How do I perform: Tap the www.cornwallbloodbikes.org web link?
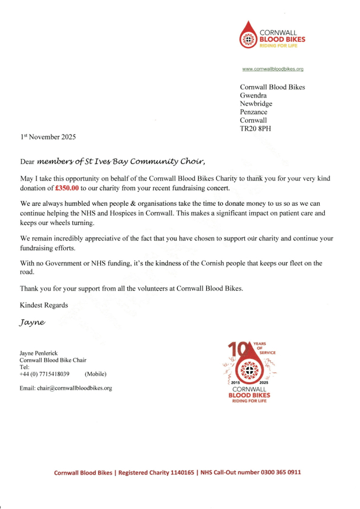coord(273,69)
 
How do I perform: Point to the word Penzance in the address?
coord(254,112)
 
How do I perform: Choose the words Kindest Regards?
coord(44,305)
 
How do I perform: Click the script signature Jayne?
coord(33,323)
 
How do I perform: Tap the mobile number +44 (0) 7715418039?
coord(45,373)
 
